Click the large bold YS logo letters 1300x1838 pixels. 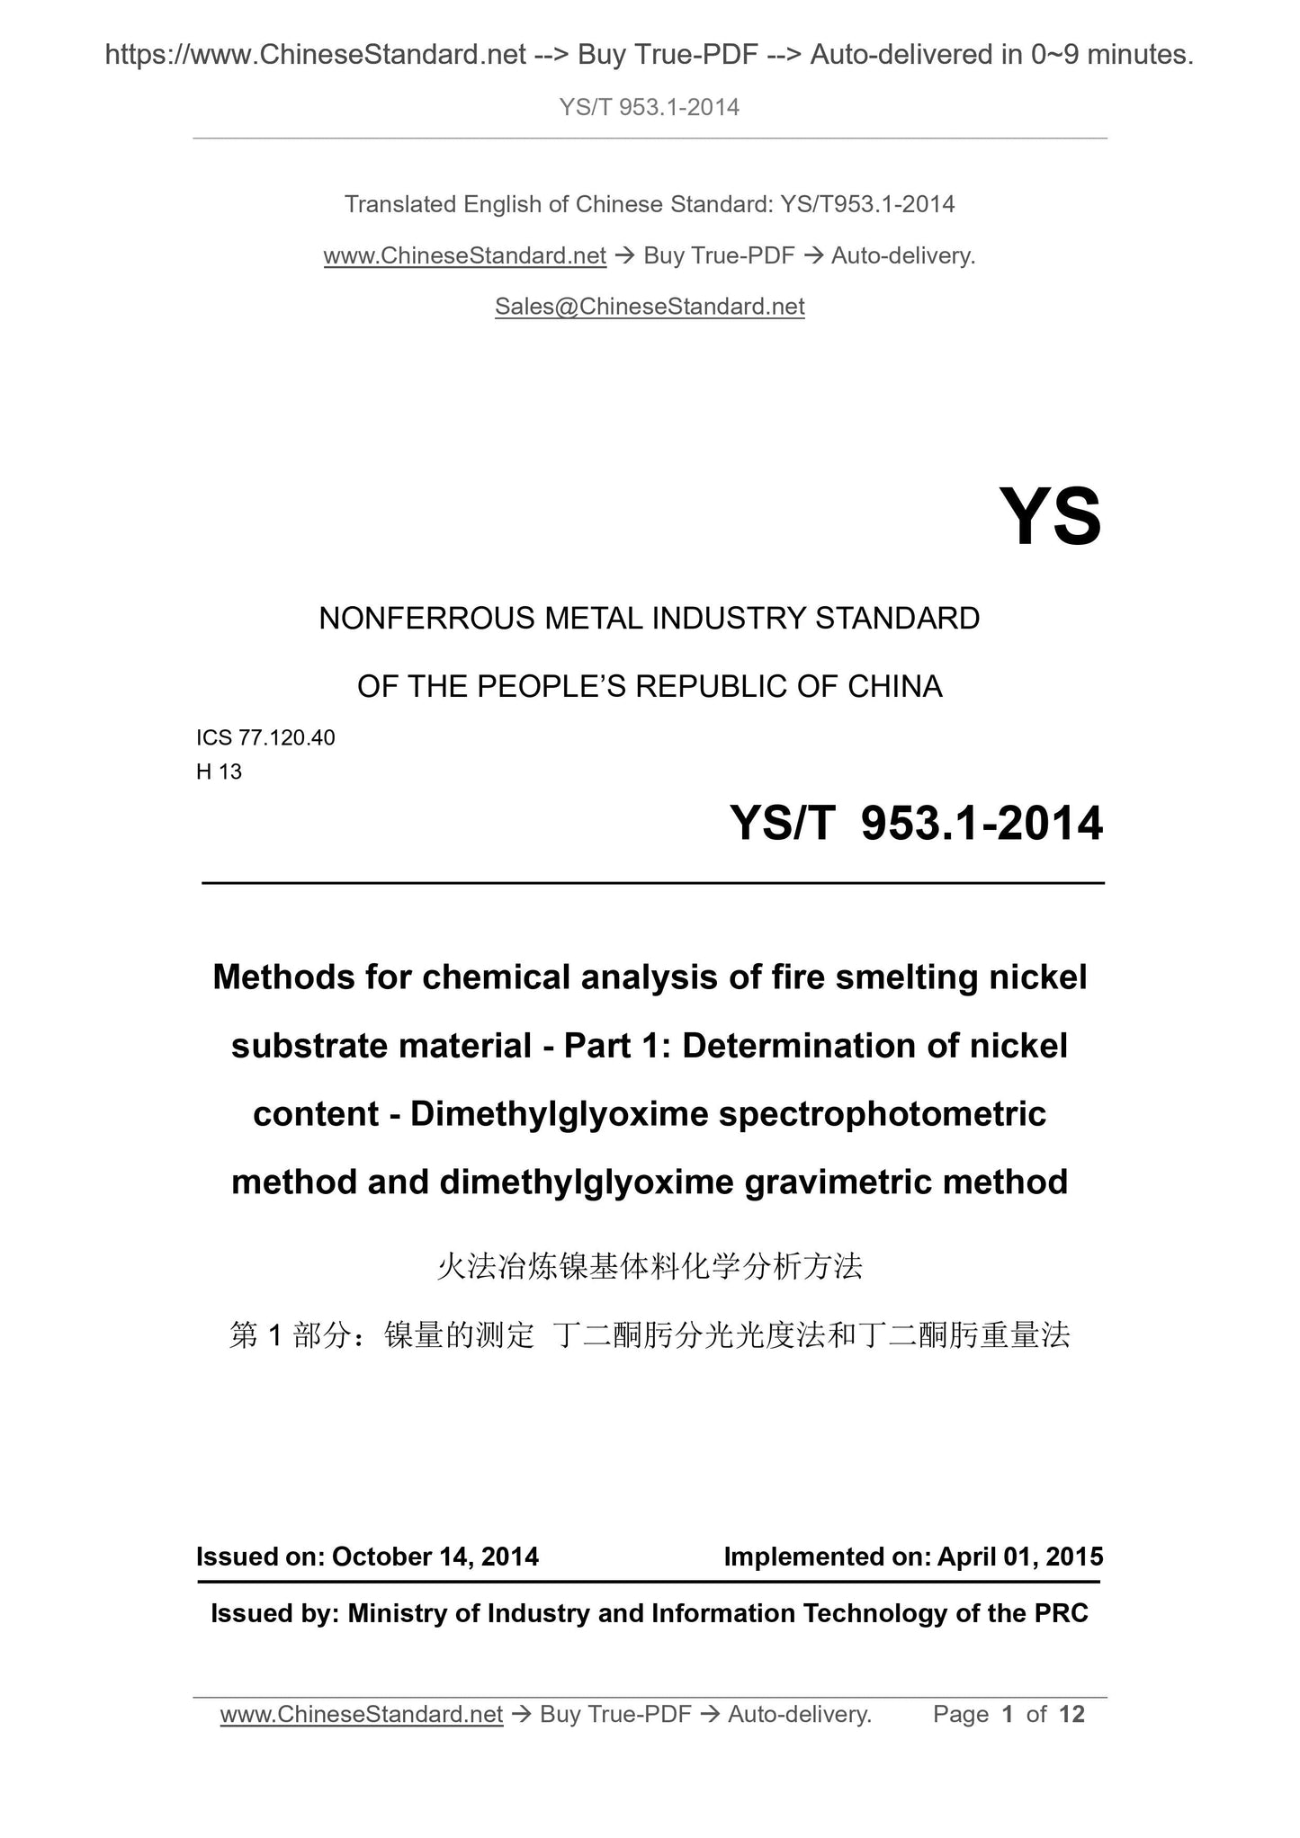(x=1050, y=517)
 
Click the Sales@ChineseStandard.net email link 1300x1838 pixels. (x=650, y=307)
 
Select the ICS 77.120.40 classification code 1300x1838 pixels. (x=265, y=737)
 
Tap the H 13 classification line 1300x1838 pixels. (x=219, y=772)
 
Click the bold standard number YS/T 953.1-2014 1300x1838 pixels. (x=916, y=823)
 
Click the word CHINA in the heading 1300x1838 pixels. (x=894, y=687)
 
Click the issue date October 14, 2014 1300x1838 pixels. (x=435, y=1557)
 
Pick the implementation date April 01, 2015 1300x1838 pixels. (x=1020, y=1557)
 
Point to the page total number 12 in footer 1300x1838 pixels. (x=1071, y=1714)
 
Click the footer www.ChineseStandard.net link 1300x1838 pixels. (x=361, y=1715)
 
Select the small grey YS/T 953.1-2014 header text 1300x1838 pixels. (x=650, y=107)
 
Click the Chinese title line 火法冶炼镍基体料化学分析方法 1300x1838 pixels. (x=650, y=1267)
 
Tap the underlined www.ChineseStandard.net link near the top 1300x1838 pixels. (x=464, y=256)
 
